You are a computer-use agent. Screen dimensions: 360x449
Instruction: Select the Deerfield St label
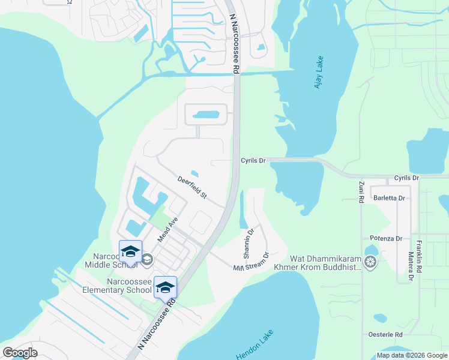[x=191, y=188]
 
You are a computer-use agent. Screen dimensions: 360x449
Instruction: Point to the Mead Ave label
[x=168, y=230]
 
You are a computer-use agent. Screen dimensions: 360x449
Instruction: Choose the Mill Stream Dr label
[x=250, y=262]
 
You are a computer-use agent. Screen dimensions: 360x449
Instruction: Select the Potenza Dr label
[x=385, y=238]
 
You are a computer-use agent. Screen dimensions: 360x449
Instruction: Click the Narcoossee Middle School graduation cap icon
[x=130, y=251]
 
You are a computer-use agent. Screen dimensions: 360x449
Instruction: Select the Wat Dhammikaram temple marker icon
[x=371, y=262]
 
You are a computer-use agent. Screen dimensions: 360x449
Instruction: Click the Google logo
[x=20, y=352]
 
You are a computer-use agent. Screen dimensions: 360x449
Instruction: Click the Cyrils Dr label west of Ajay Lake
[x=253, y=160]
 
